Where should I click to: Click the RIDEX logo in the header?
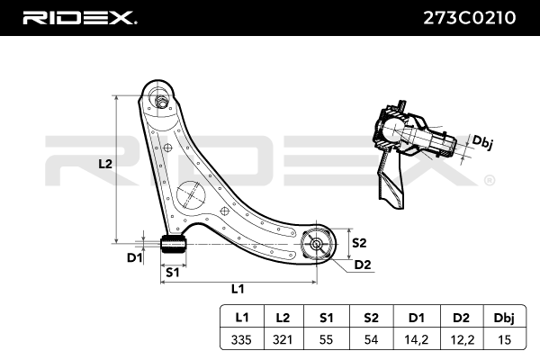click(79, 17)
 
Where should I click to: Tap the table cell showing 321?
click(283, 339)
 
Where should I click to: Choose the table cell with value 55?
click(327, 339)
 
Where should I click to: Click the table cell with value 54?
click(370, 339)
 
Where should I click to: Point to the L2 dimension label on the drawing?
click(104, 165)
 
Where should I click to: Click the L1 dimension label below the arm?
click(238, 289)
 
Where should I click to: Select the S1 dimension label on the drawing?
click(172, 271)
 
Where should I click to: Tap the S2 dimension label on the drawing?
click(358, 242)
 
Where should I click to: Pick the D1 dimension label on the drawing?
click(134, 258)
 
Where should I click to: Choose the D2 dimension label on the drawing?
click(362, 265)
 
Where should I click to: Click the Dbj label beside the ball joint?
click(483, 142)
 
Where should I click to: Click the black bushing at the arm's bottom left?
click(172, 244)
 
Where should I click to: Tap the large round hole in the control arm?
click(191, 195)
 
